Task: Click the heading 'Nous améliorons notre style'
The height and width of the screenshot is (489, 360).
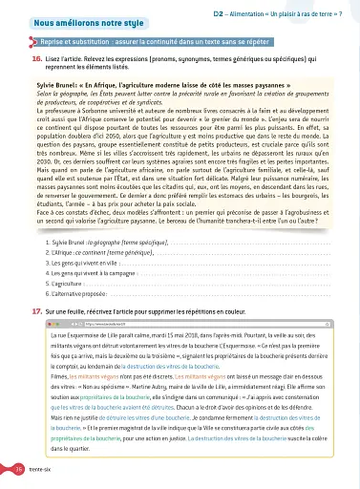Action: (73, 20)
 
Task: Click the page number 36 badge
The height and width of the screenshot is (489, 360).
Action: (19, 470)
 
